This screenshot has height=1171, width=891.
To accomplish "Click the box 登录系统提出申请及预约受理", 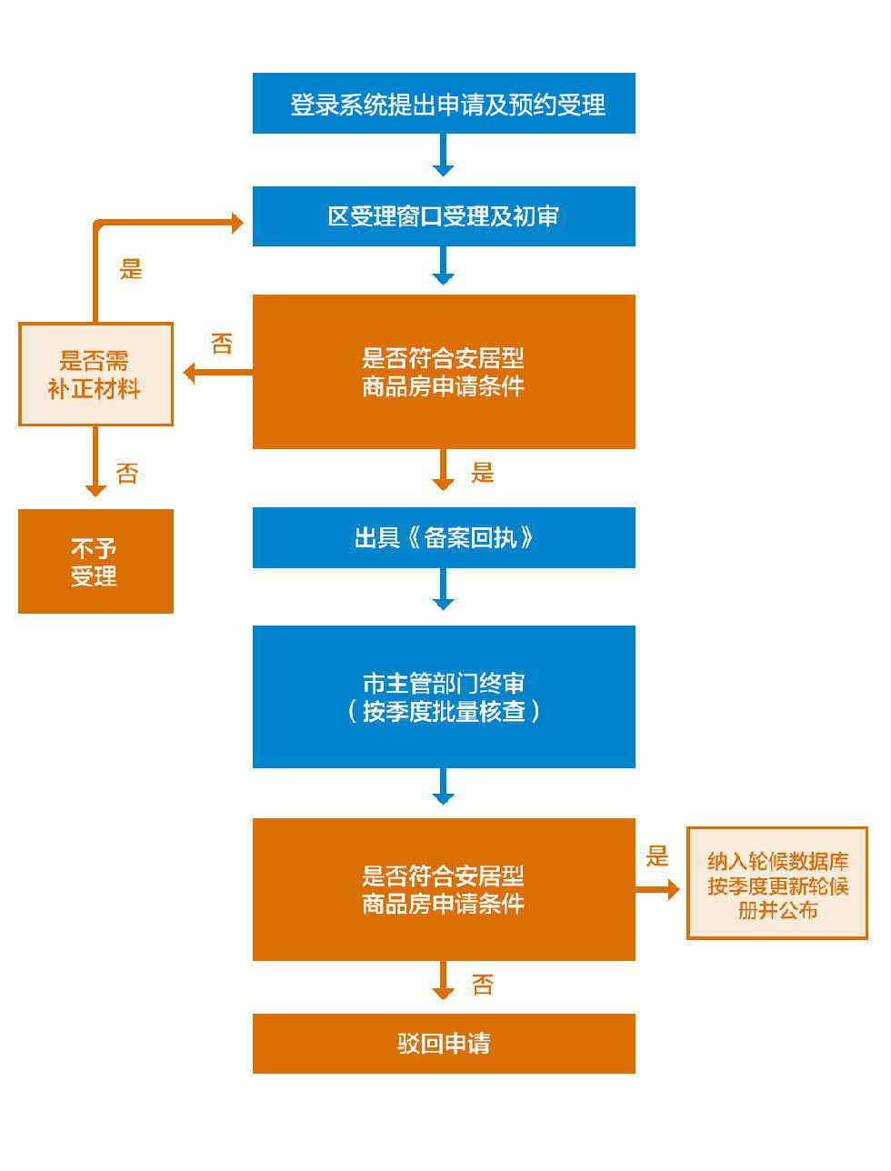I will [444, 104].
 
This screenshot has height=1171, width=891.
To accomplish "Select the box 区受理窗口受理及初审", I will [444, 216].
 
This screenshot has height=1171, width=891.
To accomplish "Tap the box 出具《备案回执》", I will [444, 537].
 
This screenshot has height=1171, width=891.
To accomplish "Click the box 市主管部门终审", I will [444, 696].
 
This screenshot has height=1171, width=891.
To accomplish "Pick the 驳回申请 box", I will [444, 1043].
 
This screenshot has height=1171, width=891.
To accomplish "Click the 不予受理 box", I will [95, 561].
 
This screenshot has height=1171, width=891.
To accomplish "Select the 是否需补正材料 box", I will [95, 374].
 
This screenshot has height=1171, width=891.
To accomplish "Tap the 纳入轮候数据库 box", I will [777, 883].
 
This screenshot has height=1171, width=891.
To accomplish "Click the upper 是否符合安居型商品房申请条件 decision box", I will [444, 372].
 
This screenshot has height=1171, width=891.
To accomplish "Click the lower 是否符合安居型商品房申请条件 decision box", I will [444, 889].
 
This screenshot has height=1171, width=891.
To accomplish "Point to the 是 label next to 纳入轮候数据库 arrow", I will [657, 856].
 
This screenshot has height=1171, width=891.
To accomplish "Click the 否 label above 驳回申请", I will [483, 985].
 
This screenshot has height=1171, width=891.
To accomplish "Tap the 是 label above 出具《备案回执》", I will [483, 473].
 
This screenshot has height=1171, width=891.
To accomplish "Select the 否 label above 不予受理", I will [127, 473].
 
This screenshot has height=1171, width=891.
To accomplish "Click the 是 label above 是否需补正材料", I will [132, 269].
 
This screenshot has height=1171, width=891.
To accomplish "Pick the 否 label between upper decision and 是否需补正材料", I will [222, 344].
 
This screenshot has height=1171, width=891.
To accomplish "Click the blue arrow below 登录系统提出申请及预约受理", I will [443, 155].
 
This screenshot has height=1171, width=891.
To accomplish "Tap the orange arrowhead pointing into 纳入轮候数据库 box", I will [673, 889].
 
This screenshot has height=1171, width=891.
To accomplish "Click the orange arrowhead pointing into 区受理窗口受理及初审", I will [237, 223].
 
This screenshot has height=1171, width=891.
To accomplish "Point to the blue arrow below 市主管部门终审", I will [443, 787].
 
